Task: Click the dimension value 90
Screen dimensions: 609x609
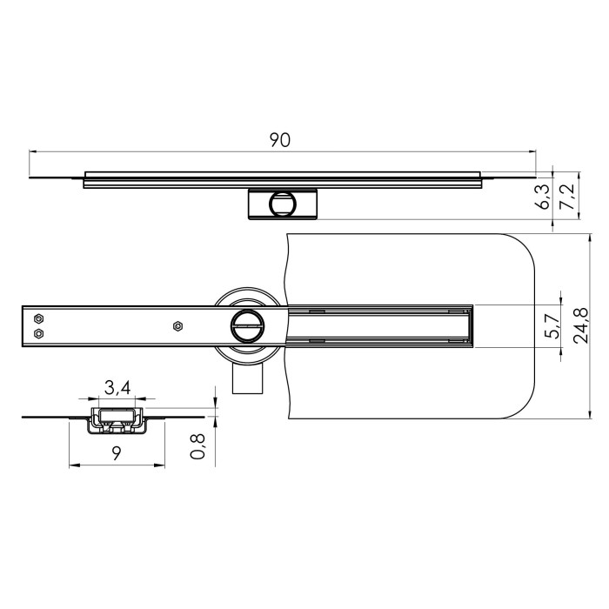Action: coord(279,140)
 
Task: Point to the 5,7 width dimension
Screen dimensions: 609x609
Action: coord(550,327)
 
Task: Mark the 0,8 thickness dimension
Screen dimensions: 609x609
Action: coord(198,446)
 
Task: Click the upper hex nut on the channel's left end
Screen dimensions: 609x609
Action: coord(38,318)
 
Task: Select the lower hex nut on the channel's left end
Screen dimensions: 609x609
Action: coord(38,333)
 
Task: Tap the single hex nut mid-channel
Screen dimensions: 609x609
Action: coord(177,326)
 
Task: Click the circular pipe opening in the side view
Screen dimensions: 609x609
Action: coord(282,204)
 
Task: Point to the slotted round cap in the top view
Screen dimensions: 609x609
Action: coord(246,326)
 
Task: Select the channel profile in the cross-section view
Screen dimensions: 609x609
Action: coord(116,418)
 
